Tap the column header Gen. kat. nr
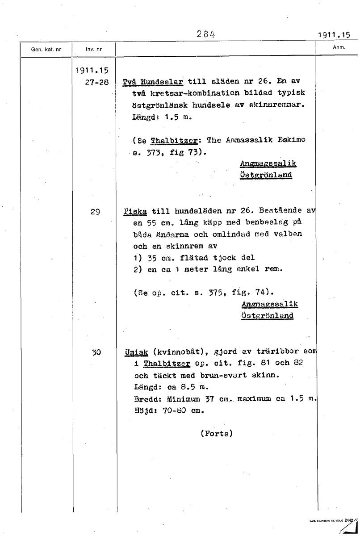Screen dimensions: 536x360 coord(46,49)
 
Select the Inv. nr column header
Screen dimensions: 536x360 coord(94,49)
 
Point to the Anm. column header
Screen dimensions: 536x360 coord(339,47)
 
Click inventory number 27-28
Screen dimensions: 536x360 coord(96,82)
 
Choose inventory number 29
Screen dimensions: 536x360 coord(95,212)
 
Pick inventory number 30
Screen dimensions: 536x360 coord(96,352)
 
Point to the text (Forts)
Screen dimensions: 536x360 coord(217,433)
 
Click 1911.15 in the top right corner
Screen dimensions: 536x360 coord(334,35)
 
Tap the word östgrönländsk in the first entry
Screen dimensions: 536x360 coord(160,106)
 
